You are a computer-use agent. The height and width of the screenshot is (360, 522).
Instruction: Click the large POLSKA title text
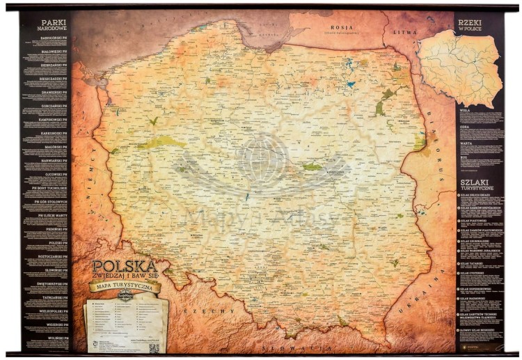coord(124,267)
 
